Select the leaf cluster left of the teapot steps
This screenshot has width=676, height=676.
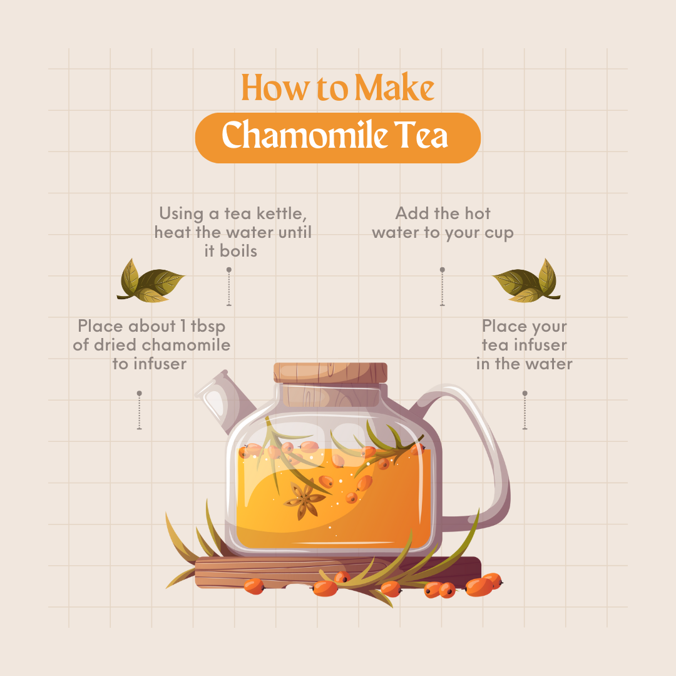pyautogui.click(x=150, y=280)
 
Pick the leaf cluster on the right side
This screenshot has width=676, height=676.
pyautogui.click(x=526, y=280)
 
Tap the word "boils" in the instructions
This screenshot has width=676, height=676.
pyautogui.click(x=238, y=251)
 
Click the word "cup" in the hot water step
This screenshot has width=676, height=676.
pyautogui.click(x=498, y=232)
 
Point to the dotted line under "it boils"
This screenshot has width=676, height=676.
pyautogui.click(x=229, y=287)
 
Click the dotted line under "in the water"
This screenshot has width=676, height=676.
pyautogui.click(x=525, y=411)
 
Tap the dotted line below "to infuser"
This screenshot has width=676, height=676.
pyautogui.click(x=139, y=411)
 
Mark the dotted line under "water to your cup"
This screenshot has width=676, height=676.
pyautogui.click(x=442, y=287)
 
